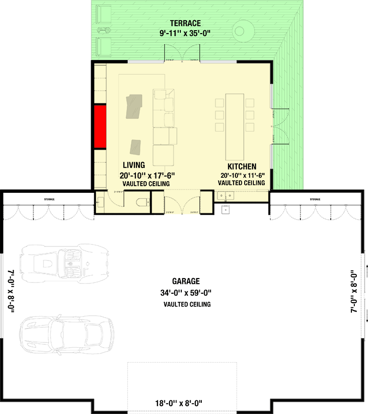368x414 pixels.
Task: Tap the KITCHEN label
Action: pos(241,166)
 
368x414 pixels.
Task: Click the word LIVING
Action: pos(134,165)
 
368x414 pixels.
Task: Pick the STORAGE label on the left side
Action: pos(49,200)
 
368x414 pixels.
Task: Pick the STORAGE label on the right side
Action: pos(314,200)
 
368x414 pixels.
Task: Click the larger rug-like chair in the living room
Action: pos(135,107)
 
